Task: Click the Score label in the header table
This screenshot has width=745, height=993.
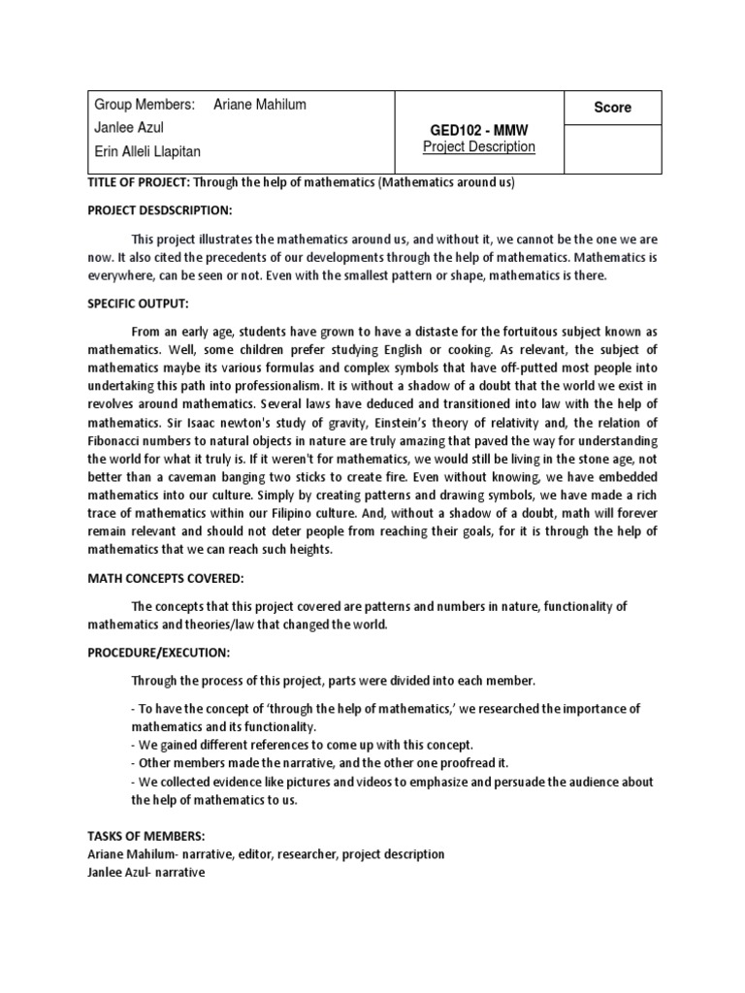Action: [x=612, y=108]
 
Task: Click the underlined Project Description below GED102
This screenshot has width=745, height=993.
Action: [x=479, y=147]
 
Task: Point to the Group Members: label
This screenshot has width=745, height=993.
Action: [x=145, y=105]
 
